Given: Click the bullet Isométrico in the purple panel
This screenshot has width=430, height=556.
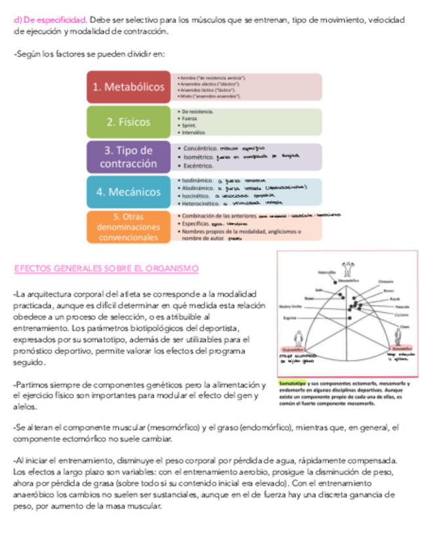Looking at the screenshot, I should point(199,157).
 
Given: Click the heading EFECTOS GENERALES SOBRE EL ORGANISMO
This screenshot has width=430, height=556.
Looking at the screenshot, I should point(106,269).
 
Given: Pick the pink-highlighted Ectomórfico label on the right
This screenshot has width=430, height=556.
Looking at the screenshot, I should point(401,348).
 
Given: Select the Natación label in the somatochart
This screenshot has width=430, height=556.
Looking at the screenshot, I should point(402,306).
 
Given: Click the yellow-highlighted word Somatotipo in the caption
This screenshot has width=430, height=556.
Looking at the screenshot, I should point(292,383).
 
